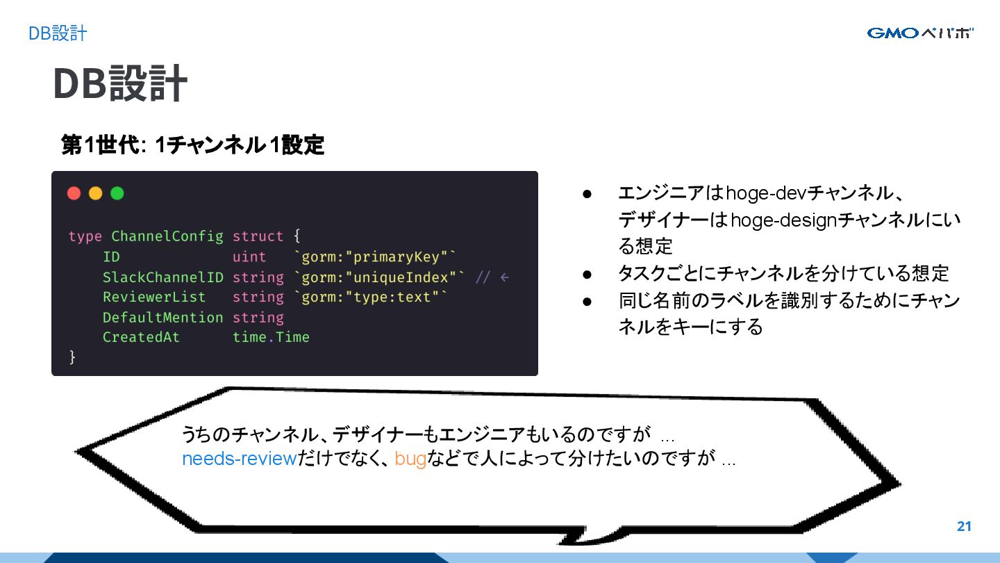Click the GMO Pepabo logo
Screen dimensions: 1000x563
pos(920,33)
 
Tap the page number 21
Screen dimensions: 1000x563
pos(964,526)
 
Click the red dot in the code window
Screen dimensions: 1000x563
pos(74,193)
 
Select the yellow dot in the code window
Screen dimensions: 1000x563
pos(96,193)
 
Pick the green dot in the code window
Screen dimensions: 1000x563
pos(117,193)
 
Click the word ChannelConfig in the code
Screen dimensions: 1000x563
pos(167,236)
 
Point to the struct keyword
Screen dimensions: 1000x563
pos(258,236)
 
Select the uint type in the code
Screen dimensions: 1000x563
pos(249,257)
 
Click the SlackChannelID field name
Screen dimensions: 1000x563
pos(163,277)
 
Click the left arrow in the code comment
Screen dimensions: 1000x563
pos(504,277)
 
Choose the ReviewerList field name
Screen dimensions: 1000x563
pos(154,297)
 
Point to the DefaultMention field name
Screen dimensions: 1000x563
pos(163,318)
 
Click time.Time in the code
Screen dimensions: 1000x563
pos(271,338)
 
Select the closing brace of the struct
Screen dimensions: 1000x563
pos(72,357)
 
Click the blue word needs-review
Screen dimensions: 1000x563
pos(240,459)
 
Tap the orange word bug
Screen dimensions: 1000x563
pos(410,459)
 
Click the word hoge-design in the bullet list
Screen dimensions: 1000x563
pos(783,220)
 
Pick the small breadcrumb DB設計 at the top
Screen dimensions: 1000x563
pos(58,33)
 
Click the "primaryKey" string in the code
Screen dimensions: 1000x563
pos(397,257)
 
